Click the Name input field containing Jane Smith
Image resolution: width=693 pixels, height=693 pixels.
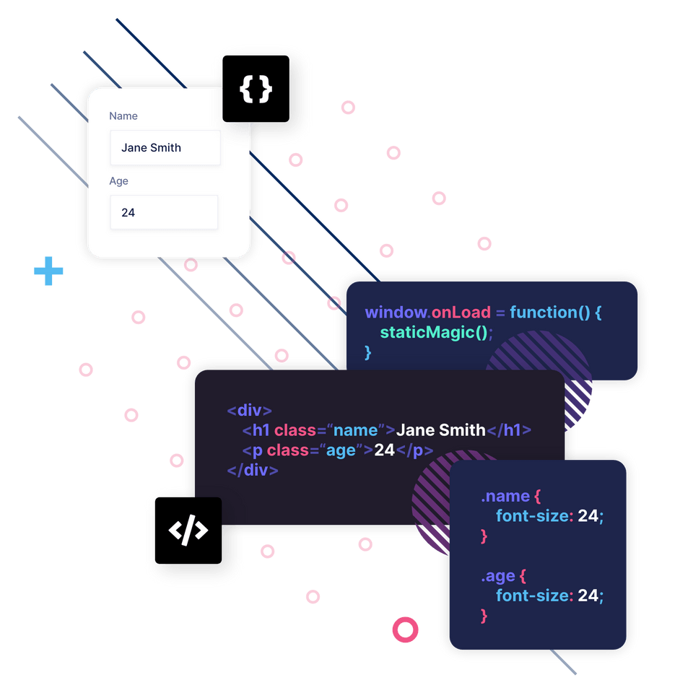pyautogui.click(x=165, y=148)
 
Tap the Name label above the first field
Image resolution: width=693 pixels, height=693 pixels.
pyautogui.click(x=123, y=116)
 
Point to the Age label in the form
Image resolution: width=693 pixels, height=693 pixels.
pyautogui.click(x=119, y=181)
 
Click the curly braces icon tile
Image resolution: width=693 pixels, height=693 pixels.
pyautogui.click(x=256, y=89)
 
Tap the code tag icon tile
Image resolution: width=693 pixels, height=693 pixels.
pyautogui.click(x=188, y=531)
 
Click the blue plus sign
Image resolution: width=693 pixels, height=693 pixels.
pyautogui.click(x=48, y=271)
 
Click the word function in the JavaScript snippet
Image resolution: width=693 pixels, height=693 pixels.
pyautogui.click(x=544, y=313)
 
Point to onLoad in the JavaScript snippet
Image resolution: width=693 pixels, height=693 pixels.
pyautogui.click(x=461, y=313)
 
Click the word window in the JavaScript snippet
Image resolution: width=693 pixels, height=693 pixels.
pyautogui.click(x=396, y=313)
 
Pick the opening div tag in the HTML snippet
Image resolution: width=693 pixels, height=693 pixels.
pyautogui.click(x=249, y=411)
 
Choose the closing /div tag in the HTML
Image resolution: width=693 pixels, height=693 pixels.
pyautogui.click(x=253, y=469)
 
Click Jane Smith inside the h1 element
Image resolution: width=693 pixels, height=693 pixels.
pyautogui.click(x=441, y=430)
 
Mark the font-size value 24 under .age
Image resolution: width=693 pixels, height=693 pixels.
pyautogui.click(x=588, y=596)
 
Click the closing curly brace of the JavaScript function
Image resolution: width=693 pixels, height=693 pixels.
pyautogui.click(x=367, y=352)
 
